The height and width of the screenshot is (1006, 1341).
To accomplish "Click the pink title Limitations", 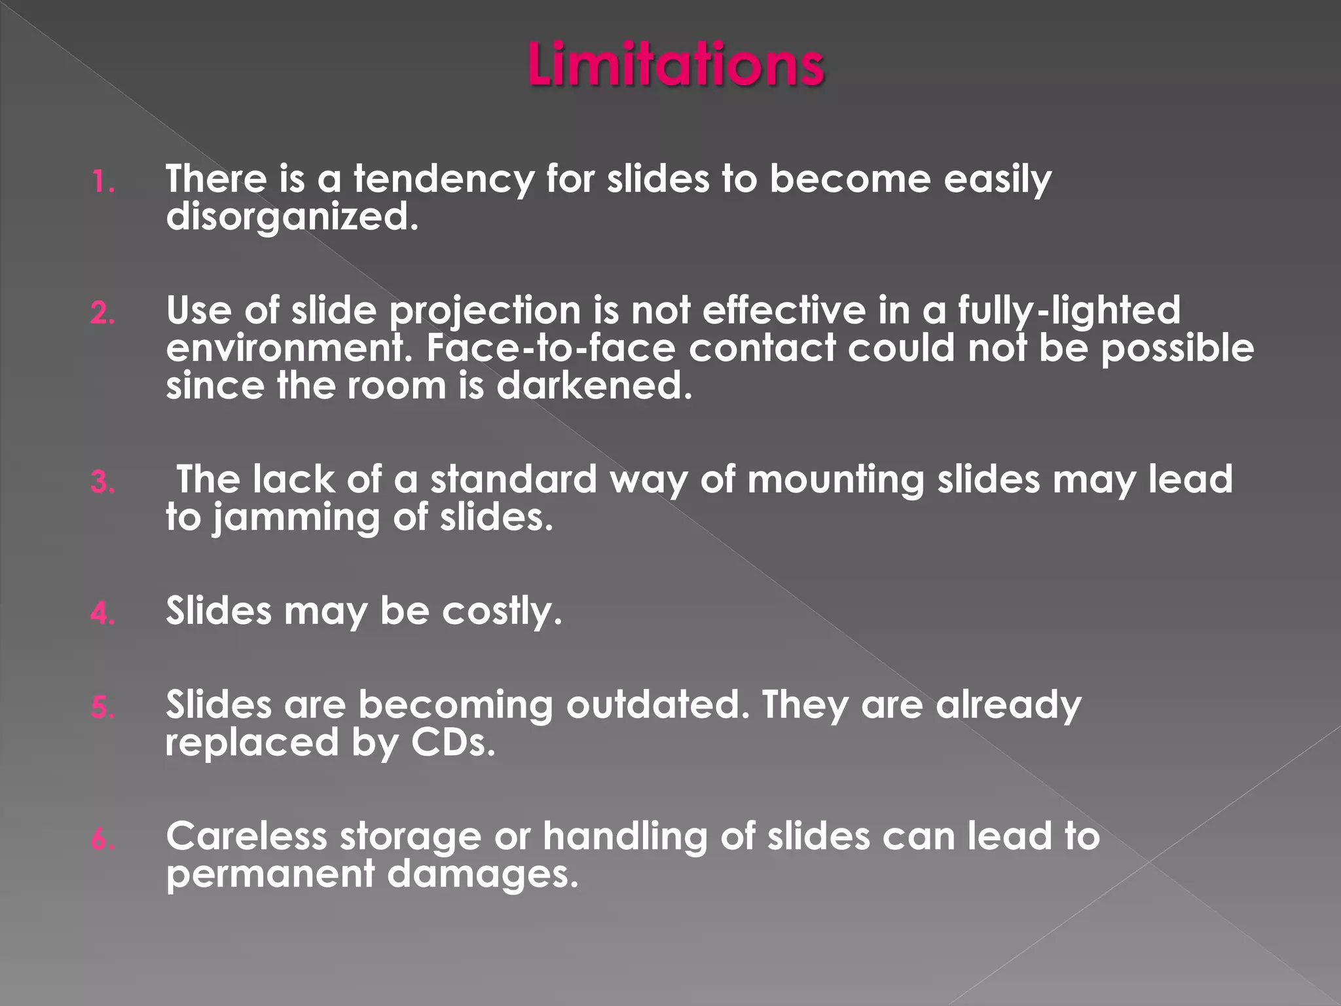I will click(676, 64).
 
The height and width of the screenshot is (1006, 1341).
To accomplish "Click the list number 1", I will click(102, 182).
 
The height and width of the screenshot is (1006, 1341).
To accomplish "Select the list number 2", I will click(103, 314).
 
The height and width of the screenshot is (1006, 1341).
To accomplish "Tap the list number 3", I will click(103, 483).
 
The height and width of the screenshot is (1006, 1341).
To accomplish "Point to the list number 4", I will click(103, 614).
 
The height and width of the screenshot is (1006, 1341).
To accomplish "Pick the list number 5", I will click(103, 708).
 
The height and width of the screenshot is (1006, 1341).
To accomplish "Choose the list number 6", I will click(103, 840).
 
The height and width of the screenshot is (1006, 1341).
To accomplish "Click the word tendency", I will click(444, 179).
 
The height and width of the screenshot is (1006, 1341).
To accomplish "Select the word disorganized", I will click(292, 217).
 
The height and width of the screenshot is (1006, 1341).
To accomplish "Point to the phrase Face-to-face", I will click(551, 348).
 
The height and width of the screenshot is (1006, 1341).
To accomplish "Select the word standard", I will click(513, 479).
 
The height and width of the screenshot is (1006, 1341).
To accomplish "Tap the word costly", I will click(502, 612).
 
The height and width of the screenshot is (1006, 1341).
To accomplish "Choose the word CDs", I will click(453, 743).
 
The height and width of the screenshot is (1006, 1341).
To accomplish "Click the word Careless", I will click(246, 836).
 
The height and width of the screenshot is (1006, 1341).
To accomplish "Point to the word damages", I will click(483, 875).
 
